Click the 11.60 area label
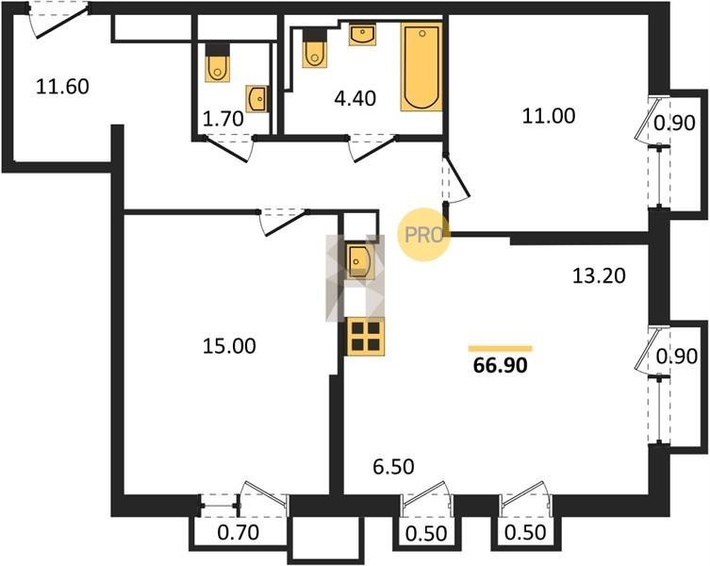(62, 87)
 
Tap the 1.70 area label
(223, 119)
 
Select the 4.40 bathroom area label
(355, 98)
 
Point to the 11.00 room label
(549, 115)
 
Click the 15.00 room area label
(229, 346)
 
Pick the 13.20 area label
(599, 275)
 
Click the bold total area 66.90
(501, 365)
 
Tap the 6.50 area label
(393, 466)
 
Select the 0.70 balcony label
(239, 532)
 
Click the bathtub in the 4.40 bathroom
(421, 67)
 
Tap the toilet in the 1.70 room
(218, 62)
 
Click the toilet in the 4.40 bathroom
(315, 48)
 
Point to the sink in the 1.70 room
(256, 98)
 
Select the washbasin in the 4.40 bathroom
(362, 35)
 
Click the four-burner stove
(366, 336)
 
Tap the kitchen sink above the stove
(359, 260)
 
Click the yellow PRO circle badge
(423, 234)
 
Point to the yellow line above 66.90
(501, 348)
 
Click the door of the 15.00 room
(285, 223)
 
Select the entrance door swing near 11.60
(57, 22)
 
